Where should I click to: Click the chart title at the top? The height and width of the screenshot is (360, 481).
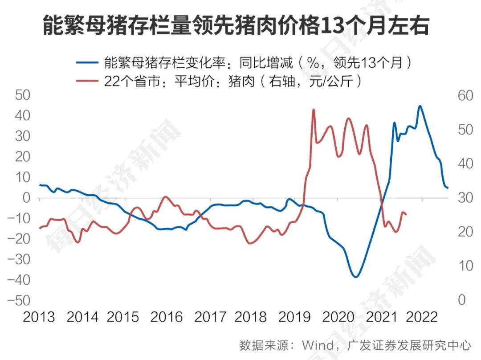236,26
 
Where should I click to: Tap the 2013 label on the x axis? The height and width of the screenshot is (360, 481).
39,317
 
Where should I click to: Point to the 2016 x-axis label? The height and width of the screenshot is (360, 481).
167,317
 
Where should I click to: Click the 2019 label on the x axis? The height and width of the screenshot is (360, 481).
294,317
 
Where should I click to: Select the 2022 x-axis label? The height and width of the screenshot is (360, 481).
422,317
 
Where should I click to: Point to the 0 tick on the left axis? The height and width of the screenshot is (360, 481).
26,197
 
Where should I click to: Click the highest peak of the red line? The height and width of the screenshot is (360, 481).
314,109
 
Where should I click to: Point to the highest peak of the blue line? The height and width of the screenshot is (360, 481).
420,106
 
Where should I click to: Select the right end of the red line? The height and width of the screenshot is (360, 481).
407,215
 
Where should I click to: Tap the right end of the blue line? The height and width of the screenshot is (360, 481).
448,188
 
